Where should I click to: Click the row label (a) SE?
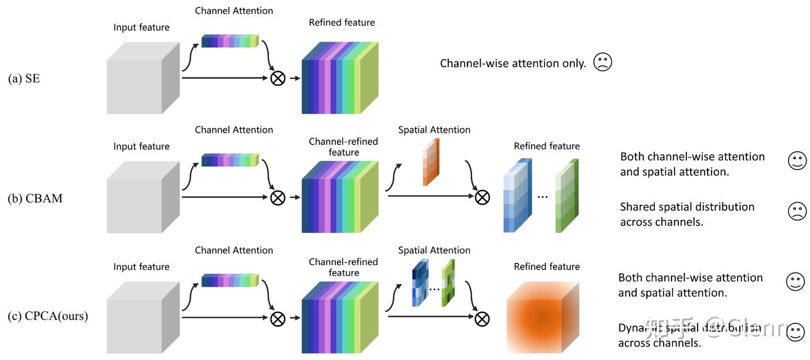[24, 79]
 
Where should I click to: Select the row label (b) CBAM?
[35, 198]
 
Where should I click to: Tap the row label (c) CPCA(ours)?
[48, 316]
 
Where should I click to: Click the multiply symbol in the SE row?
[278, 78]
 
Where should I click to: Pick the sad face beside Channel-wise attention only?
[602, 62]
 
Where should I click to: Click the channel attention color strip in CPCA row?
[229, 280]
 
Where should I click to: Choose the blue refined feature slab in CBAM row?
[517, 196]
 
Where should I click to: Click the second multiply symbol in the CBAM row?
[482, 197]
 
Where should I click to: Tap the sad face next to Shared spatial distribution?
[797, 211]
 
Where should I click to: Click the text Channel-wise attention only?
[513, 64]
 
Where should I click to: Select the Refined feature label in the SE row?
[341, 22]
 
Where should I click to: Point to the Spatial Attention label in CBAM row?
[434, 130]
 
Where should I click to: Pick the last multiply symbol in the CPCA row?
[481, 319]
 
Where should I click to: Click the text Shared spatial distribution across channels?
[687, 214]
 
